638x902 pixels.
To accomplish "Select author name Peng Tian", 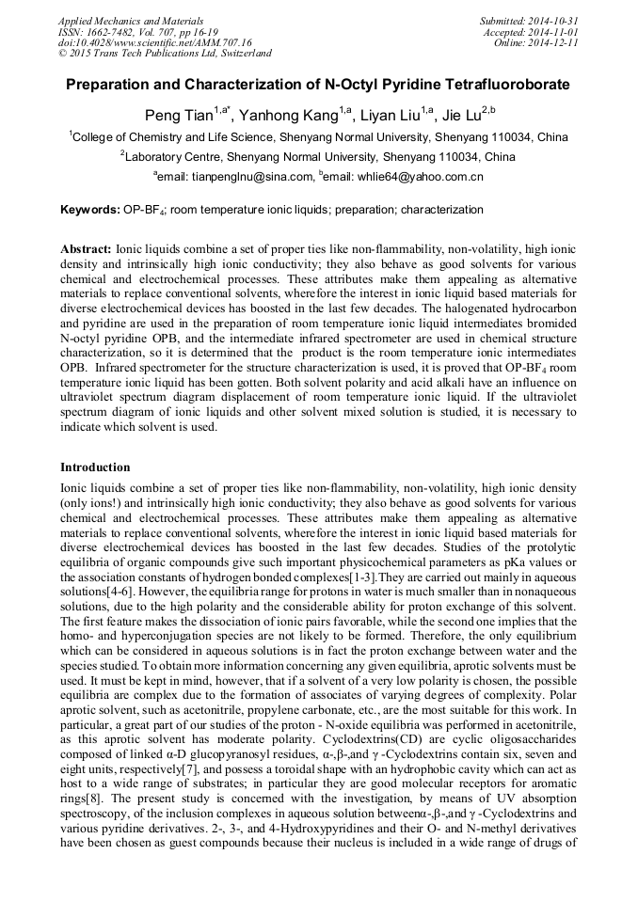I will [178, 116].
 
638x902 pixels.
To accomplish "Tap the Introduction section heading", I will [95, 467].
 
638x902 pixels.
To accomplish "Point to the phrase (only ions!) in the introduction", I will [93, 503].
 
